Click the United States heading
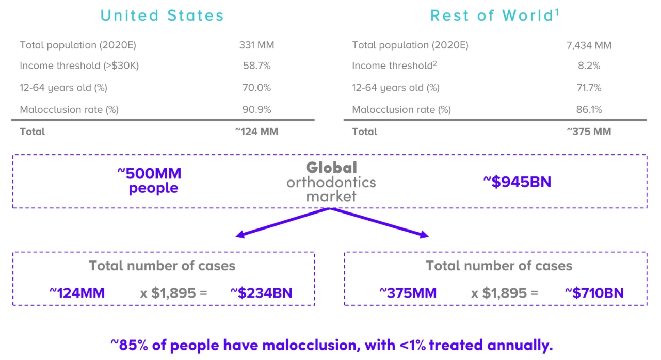(x=162, y=15)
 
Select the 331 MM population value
(x=256, y=45)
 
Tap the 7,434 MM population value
(x=588, y=45)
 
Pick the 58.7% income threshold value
(x=256, y=66)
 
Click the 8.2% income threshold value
(x=589, y=66)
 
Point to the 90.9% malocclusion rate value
(x=256, y=109)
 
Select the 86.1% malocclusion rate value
(x=589, y=109)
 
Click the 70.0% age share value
(x=256, y=88)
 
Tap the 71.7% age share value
(x=589, y=88)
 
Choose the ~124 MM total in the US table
(x=256, y=132)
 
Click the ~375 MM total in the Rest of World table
(x=588, y=132)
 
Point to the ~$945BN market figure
(x=517, y=182)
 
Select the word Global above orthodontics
(x=331, y=168)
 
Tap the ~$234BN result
(x=261, y=293)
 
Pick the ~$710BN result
(x=594, y=293)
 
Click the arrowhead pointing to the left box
(x=239, y=235)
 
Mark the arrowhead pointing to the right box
(x=424, y=235)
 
